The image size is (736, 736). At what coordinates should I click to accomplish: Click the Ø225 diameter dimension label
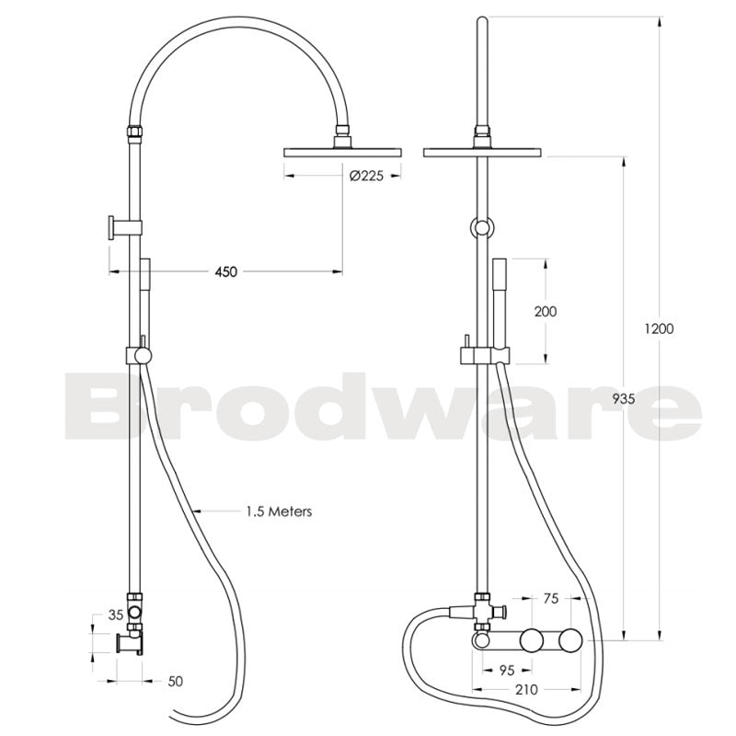(x=365, y=178)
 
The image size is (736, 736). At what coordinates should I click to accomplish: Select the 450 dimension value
(x=225, y=271)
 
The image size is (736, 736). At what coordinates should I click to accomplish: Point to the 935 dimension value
(x=623, y=398)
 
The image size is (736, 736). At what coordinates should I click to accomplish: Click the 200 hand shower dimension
(x=546, y=312)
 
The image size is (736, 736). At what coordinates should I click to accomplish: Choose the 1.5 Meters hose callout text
(x=279, y=511)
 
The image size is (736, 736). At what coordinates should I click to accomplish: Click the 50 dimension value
(x=176, y=682)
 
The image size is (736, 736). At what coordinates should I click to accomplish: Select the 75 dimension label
(x=551, y=599)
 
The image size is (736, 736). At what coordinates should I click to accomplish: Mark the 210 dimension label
(x=528, y=689)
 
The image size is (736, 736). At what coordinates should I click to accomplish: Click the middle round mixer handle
(x=531, y=640)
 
